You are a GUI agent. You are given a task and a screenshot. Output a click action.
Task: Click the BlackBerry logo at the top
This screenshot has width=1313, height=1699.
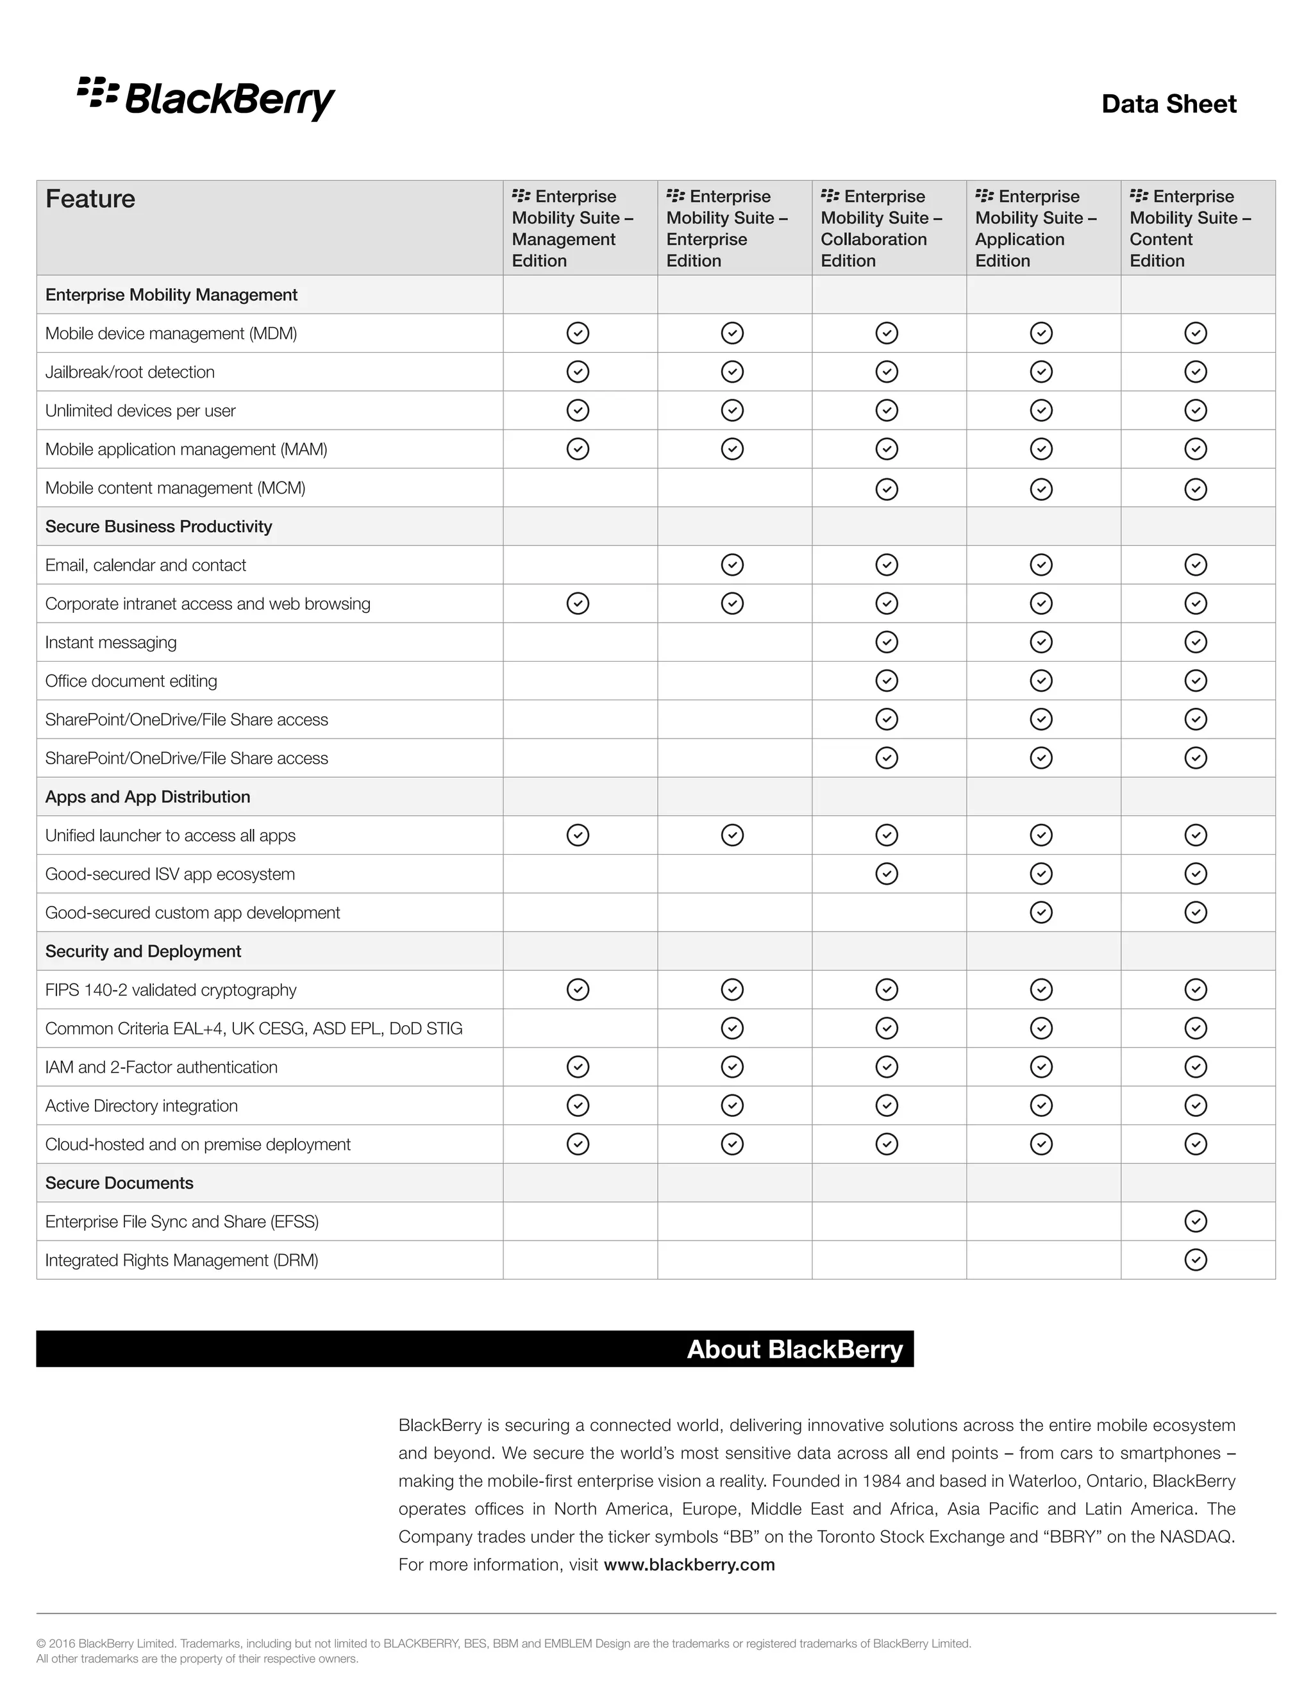[x=206, y=99]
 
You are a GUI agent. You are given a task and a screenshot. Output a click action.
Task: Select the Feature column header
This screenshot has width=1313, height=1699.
[x=90, y=199]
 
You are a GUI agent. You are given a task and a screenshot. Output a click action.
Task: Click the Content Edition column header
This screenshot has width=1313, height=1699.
[x=1189, y=228]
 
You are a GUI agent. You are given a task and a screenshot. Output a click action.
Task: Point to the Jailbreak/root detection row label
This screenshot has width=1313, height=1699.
[x=130, y=372]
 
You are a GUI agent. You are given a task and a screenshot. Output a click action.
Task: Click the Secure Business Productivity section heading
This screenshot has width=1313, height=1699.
[x=159, y=526]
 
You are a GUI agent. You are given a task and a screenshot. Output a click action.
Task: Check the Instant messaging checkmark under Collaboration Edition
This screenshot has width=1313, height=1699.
[x=887, y=642]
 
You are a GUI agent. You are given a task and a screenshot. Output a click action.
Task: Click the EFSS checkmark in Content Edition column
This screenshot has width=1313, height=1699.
[x=1196, y=1221]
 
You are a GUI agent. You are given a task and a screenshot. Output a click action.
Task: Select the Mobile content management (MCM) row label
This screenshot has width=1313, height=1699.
[x=175, y=488]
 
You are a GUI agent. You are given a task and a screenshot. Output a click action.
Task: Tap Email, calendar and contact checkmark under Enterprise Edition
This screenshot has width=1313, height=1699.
[x=732, y=565]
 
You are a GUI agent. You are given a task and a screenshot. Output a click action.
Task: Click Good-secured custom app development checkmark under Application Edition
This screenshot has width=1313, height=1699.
[x=1041, y=912]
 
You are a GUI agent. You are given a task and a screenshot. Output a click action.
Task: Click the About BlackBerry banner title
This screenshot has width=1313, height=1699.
[x=794, y=1349]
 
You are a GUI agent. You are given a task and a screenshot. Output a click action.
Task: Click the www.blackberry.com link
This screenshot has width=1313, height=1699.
[x=689, y=1564]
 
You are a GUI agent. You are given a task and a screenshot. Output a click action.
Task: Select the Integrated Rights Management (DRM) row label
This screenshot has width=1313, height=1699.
[x=182, y=1260]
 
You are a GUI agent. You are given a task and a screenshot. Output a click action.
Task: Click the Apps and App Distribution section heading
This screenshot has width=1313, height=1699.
[x=148, y=796]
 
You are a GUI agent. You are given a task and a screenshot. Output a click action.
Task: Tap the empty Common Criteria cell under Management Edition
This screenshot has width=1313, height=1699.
[x=580, y=1028]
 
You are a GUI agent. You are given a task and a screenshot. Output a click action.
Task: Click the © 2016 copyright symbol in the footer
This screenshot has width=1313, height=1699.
[x=41, y=1644]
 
